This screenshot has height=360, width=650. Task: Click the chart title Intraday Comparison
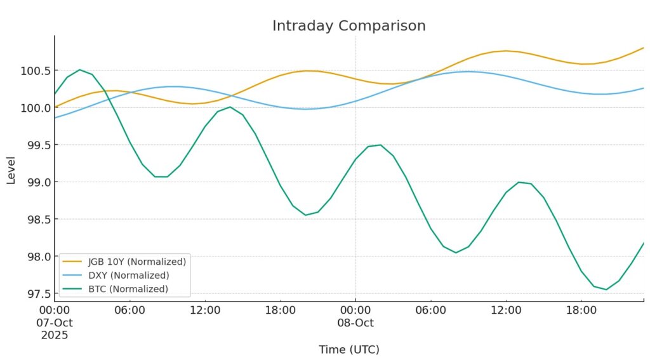[348, 26]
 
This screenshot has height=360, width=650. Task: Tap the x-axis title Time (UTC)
[348, 349]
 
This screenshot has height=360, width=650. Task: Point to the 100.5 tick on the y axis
[36, 70]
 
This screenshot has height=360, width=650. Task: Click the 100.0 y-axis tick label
[36, 108]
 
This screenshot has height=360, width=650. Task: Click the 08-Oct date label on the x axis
[355, 323]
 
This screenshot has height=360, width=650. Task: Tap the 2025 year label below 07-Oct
[55, 335]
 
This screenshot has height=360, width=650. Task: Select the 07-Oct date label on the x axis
[55, 323]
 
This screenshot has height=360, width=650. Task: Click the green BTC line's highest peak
[79, 70]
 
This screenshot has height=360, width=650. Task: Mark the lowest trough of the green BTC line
[606, 290]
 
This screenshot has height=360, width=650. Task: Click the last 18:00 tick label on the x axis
[581, 310]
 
